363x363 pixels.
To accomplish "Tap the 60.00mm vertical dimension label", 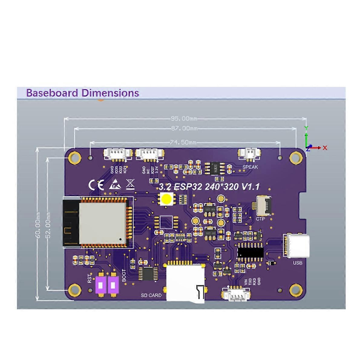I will (38, 224).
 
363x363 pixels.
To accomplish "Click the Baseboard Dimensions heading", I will (83, 93).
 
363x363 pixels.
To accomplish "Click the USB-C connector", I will (297, 246).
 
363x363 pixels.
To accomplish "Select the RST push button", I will (100, 285).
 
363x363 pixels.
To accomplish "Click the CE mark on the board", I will (96, 185).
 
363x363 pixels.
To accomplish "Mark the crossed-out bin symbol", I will (130, 184).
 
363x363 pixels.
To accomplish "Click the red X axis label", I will (325, 148).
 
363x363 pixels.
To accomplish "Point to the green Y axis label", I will (306, 128).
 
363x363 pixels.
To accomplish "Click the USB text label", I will (297, 263).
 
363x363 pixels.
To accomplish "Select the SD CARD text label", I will (151, 295).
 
